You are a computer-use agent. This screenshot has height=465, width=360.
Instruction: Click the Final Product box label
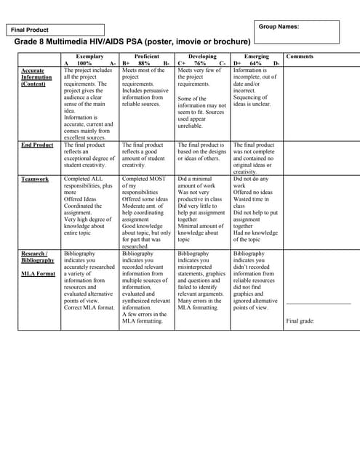30,30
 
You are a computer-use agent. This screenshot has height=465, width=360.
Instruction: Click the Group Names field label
279,26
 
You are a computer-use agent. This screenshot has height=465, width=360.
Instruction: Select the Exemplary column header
89,56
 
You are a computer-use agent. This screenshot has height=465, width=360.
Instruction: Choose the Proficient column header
147,56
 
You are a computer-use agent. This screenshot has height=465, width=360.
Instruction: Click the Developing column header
202,56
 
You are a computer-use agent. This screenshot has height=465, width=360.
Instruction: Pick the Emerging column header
257,56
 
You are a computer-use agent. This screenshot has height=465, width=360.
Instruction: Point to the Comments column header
300,56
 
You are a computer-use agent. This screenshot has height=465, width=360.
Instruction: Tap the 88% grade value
144,63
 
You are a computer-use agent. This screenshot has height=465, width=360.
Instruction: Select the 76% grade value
200,63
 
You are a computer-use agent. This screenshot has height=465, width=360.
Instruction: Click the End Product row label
37,145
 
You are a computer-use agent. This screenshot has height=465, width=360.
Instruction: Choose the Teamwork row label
35,179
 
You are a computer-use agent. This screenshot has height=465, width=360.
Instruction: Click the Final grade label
300,320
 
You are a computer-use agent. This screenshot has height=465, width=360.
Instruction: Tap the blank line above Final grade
318,302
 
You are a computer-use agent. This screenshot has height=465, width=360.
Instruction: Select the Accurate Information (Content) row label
37,77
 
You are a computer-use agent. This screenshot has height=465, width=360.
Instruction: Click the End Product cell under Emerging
256,158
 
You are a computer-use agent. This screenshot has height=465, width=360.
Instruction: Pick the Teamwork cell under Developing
201,209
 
